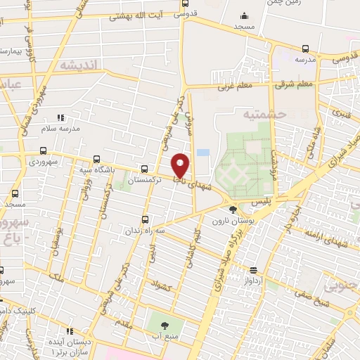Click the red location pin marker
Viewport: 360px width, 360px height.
pos(181,165)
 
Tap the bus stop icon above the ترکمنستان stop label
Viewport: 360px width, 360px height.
pos(144,169)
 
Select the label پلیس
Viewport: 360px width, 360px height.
pos(283,200)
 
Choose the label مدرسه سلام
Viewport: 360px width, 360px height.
pos(60,129)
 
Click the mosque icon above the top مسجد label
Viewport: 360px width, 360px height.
pos(243,16)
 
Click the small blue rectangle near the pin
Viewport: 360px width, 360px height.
pos(202,152)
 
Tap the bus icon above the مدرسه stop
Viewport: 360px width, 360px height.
pos(304,49)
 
